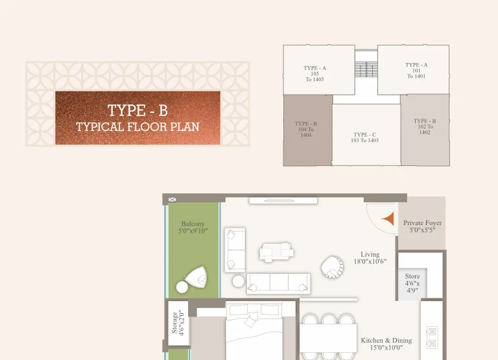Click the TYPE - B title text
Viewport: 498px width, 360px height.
click(137, 110)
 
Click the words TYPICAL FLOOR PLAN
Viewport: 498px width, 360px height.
click(137, 126)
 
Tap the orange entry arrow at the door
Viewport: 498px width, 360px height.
click(388, 219)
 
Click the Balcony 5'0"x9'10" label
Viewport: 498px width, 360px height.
click(193, 227)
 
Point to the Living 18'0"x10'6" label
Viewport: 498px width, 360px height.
click(370, 258)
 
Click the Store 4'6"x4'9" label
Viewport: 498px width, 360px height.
click(412, 283)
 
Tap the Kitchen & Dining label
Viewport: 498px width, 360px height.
click(386, 341)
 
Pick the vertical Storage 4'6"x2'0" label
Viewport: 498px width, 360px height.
click(178, 323)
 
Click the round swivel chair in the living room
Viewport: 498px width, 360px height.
click(332, 267)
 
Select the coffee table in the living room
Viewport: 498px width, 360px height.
click(276, 252)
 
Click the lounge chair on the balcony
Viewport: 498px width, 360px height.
click(196, 276)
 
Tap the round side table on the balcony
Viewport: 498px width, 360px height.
click(182, 287)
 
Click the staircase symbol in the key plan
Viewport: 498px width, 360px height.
click(366, 69)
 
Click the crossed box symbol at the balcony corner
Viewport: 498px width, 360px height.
click(172, 200)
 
